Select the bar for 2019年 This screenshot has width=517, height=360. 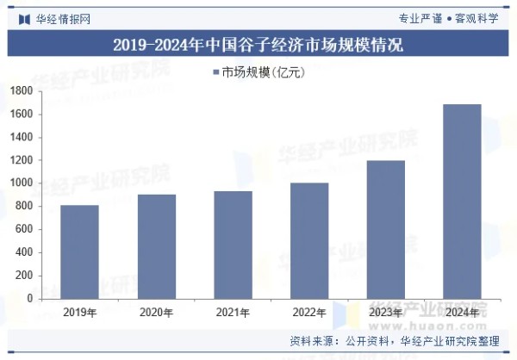coord(79,251)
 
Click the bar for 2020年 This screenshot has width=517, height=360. coord(156,246)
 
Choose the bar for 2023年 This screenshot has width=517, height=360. coord(385,229)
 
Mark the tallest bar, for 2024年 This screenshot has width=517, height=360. coord(462,202)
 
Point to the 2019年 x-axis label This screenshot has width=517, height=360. coord(79,312)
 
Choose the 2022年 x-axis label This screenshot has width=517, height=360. coord(308,312)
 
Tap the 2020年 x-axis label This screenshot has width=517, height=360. coord(156,312)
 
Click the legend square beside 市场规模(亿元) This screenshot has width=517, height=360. coord(215,72)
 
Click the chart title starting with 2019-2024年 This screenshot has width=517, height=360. coord(258,44)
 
